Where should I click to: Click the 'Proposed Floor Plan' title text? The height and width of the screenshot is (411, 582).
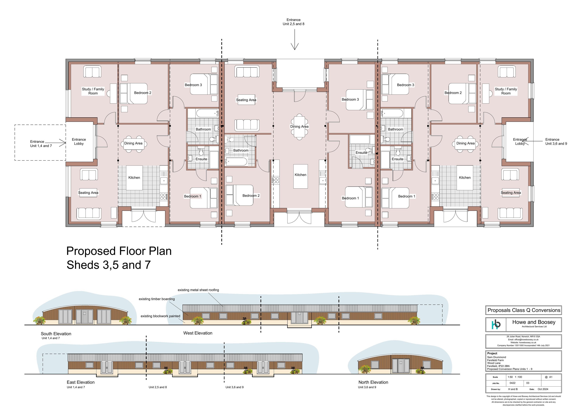coord(119,251)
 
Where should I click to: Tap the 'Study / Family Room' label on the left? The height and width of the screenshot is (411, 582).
coord(93,91)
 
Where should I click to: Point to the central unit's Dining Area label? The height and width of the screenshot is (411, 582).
coord(299,126)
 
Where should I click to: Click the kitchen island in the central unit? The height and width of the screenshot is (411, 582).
coord(301,176)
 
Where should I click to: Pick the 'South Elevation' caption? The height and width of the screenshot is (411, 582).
coord(56,334)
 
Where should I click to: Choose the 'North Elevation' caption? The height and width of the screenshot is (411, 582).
coord(373,382)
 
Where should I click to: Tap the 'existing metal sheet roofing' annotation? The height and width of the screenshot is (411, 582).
coord(198,290)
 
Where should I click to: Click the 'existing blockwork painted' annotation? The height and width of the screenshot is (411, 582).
coord(160,316)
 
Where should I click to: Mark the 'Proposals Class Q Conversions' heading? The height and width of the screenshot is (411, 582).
coord(524,310)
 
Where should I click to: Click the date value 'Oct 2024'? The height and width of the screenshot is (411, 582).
coord(543,389)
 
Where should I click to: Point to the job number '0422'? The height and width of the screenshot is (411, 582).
coord(513,383)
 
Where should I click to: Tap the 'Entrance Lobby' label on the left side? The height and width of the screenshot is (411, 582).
coord(79,141)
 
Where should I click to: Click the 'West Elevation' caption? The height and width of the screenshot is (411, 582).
coord(198,333)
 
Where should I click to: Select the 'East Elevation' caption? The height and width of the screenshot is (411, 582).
coord(81,382)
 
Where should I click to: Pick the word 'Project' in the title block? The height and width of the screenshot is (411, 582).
coord(492,353)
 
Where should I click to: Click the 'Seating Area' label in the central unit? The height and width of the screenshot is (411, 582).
coord(246,100)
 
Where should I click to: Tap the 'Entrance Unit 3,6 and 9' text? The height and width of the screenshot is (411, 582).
coord(556,141)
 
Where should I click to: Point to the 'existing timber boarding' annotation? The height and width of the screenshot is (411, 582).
coord(157,299)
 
